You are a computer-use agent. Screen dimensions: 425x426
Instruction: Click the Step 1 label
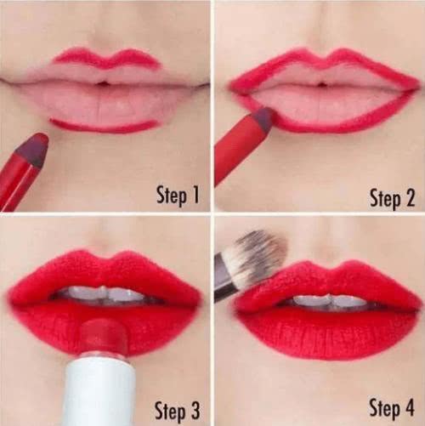[178, 196]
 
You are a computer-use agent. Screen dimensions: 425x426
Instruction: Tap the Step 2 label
[393, 198]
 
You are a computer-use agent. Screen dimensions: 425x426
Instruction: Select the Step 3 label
[178, 410]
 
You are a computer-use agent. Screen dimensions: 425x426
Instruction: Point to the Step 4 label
[392, 408]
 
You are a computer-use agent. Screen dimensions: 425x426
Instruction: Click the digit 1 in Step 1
[195, 194]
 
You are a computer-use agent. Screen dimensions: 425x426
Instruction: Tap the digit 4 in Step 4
[409, 406]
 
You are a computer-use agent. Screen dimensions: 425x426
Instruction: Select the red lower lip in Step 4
[326, 332]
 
